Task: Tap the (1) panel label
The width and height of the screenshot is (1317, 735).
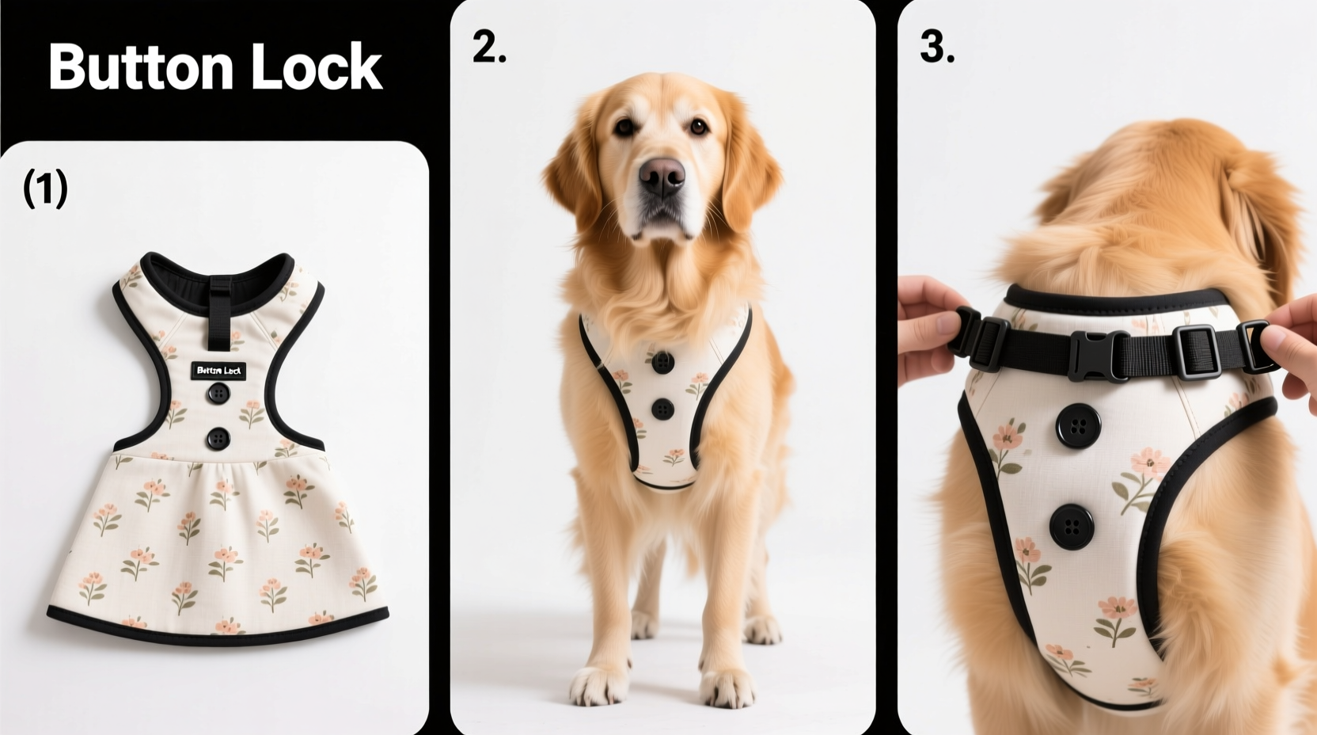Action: coord(45,189)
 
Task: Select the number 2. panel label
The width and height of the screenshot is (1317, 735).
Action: coord(489,48)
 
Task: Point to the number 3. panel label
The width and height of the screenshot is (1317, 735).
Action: coord(936,48)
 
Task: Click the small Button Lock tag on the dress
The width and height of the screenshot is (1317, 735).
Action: coord(218,370)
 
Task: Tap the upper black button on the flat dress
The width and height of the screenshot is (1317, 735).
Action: coord(218,394)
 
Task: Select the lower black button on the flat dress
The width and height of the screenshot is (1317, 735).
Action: coord(218,437)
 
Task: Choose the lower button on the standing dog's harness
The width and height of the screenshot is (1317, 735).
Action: coord(662,409)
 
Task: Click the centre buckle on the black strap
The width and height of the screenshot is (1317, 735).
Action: coord(1100,355)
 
